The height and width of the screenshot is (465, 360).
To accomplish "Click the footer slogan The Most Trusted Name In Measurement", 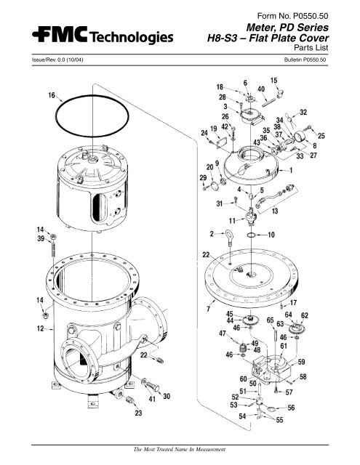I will point(178,448).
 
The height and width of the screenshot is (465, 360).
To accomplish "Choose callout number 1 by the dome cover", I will point(292,171).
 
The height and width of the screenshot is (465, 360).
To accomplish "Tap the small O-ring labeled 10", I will point(250,236).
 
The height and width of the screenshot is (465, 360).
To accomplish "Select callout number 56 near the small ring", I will point(290,408).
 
